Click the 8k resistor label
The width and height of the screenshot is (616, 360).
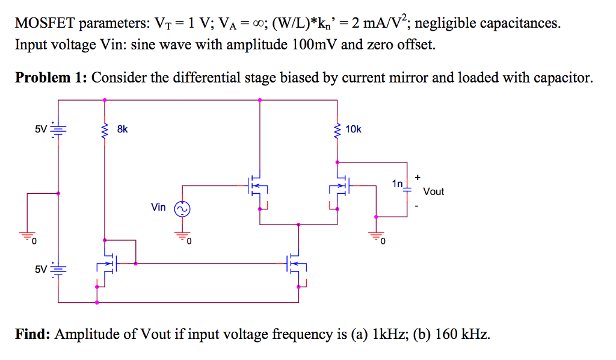pyautogui.click(x=122, y=129)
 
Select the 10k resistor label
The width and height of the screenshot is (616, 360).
pyautogui.click(x=354, y=129)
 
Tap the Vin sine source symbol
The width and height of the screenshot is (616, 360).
pyautogui.click(x=182, y=208)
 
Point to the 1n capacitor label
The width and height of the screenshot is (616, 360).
pyautogui.click(x=397, y=183)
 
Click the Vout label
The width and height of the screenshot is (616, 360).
pyautogui.click(x=433, y=191)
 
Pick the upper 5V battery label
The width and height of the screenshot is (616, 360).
pyautogui.click(x=40, y=129)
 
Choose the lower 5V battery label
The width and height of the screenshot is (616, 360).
pyautogui.click(x=40, y=268)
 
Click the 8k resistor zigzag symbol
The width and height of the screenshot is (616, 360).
pyautogui.click(x=105, y=129)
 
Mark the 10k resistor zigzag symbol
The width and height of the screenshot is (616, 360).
pyautogui.click(x=337, y=129)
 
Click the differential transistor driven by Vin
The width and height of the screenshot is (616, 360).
pyautogui.click(x=256, y=186)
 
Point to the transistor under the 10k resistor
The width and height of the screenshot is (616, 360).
pyautogui.click(x=341, y=186)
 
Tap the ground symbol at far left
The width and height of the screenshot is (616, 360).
pyautogui.click(x=26, y=236)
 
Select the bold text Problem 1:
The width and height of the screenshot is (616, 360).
pyautogui.click(x=51, y=78)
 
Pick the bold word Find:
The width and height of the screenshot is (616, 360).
pyautogui.click(x=33, y=334)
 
